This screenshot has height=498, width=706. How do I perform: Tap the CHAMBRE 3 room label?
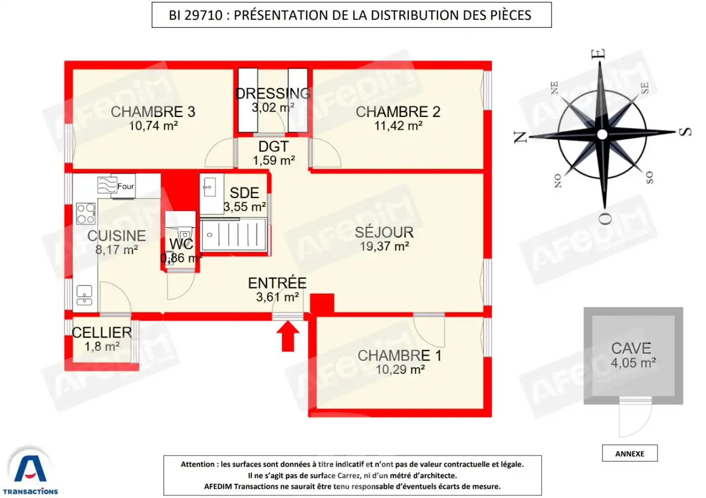153,112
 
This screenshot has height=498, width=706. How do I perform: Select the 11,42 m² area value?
398,126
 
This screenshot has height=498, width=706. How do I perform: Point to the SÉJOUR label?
384,232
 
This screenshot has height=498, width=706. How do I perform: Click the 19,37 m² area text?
384,246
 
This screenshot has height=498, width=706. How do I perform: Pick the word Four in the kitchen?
126,186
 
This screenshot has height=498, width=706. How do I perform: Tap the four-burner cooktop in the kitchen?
86,213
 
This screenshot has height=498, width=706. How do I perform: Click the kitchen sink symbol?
84,295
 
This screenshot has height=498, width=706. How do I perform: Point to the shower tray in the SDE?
233,235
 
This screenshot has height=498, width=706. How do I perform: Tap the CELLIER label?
102,333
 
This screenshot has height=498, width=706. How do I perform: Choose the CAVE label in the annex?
631,348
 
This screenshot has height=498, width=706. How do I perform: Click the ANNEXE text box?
629,454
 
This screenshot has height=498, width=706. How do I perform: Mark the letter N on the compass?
520,137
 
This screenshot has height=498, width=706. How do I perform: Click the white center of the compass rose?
602,134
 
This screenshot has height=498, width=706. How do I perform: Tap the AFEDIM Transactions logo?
30,471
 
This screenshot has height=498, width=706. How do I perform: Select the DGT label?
273,146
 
